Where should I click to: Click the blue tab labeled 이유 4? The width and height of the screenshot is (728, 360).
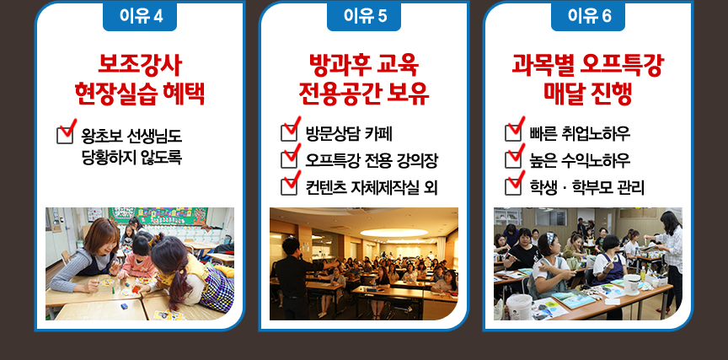click(140, 16)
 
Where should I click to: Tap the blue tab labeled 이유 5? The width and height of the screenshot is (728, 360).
click(364, 16)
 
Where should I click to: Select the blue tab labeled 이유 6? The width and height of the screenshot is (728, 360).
click(588, 16)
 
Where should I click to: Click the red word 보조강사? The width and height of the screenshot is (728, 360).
click(140, 66)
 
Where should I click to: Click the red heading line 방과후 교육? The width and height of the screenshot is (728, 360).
click(364, 66)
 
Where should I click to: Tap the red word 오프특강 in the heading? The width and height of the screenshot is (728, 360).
click(622, 66)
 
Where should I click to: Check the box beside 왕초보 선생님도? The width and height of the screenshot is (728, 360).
click(65, 135)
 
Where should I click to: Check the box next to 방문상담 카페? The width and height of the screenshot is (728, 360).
click(289, 133)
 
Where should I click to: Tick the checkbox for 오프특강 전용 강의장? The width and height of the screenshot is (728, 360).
click(289, 160)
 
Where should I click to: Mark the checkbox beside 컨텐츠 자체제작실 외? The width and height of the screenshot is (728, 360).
click(289, 186)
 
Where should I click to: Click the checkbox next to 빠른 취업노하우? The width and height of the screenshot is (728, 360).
click(512, 133)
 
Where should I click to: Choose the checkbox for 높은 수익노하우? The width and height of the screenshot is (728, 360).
click(512, 160)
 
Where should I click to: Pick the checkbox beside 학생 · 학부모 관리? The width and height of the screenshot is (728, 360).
click(512, 186)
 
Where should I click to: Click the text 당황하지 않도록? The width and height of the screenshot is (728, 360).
click(131, 158)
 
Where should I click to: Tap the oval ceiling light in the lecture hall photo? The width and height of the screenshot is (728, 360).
click(393, 232)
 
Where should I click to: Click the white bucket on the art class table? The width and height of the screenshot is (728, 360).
click(631, 284)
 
